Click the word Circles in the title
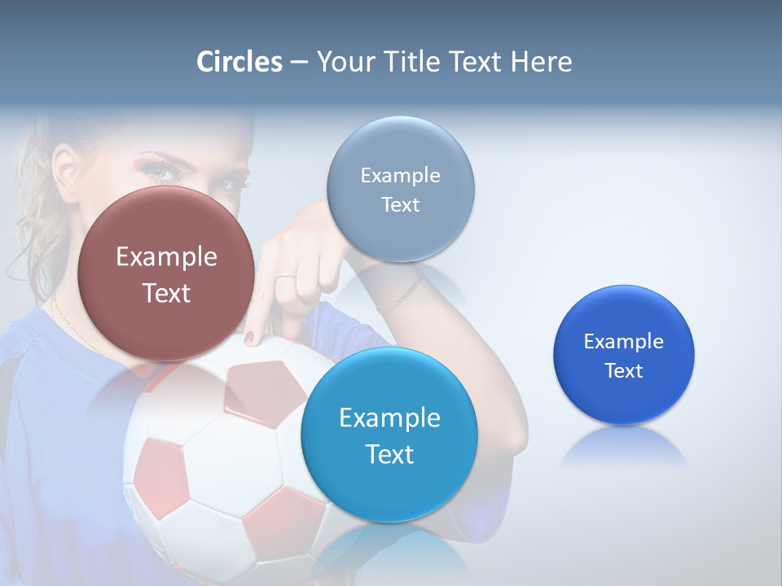[239, 62]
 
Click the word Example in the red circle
[166, 257]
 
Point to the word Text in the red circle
[166, 293]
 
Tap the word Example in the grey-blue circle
[400, 176]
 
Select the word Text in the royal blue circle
[623, 371]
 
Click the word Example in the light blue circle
[389, 418]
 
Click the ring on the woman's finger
[285, 277]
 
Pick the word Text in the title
[475, 62]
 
